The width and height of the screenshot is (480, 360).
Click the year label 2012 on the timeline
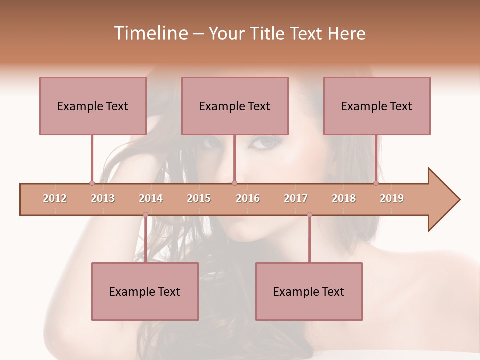click(55, 198)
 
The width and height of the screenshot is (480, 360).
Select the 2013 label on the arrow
click(103, 198)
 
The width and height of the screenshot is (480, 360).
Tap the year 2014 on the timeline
click(151, 198)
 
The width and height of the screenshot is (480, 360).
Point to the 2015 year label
click(199, 198)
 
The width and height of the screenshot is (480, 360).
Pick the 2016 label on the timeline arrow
click(248, 198)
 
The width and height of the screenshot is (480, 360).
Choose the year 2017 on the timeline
click(296, 198)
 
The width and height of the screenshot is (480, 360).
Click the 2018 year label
click(344, 198)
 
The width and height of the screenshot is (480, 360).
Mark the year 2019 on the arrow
click(392, 198)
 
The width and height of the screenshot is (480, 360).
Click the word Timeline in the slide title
click(149, 33)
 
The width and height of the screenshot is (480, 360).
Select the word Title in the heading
click(268, 33)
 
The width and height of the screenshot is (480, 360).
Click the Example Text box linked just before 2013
click(93, 106)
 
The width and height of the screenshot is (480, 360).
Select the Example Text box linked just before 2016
click(235, 106)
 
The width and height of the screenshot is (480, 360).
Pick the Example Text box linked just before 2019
click(377, 106)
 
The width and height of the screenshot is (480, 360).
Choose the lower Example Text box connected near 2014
click(145, 291)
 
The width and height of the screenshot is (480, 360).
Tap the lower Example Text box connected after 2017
click(309, 291)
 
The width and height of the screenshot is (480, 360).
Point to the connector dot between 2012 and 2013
click(92, 183)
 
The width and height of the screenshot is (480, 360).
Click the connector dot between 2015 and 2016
click(234, 183)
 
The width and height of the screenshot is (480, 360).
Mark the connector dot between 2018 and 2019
click(376, 183)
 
